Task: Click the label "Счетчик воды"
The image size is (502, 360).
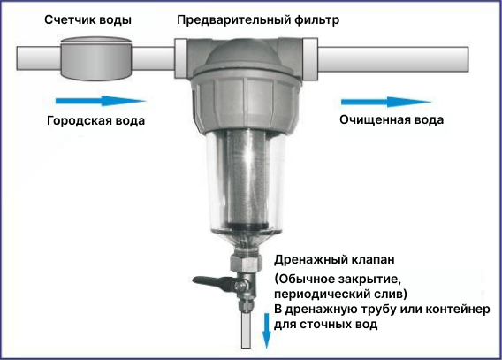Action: pyautogui.click(x=87, y=19)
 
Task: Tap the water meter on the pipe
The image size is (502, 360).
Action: pyautogui.click(x=96, y=58)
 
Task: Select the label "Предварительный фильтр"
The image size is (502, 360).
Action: pyautogui.click(x=258, y=20)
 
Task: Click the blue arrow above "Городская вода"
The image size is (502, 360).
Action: pyautogui.click(x=101, y=101)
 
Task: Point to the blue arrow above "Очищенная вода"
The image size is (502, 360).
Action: pyautogui.click(x=386, y=102)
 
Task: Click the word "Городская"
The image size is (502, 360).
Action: pyautogui.click(x=79, y=121)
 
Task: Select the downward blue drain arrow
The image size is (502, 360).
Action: pyautogui.click(x=266, y=331)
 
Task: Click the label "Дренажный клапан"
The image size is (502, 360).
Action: pyautogui.click(x=334, y=259)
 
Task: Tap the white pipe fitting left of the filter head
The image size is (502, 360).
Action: pyautogui.click(x=181, y=58)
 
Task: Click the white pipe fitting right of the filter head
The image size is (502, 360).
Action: pyautogui.click(x=310, y=58)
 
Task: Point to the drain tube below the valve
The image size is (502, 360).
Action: pyautogui.click(x=247, y=330)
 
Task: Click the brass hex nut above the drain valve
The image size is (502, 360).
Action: pyautogui.click(x=244, y=263)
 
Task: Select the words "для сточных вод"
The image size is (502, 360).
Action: pyautogui.click(x=325, y=325)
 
